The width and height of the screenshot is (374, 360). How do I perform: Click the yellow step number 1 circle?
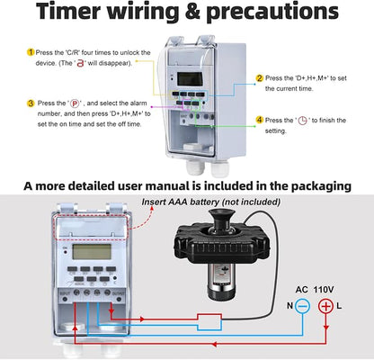[31, 52]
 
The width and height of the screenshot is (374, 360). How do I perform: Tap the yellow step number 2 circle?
[260, 78]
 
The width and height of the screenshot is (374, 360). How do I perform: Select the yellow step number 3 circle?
[31, 103]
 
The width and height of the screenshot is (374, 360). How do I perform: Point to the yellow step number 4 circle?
[260, 121]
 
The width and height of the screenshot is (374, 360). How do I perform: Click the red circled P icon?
[75, 103]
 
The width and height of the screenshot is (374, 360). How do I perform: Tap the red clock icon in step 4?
[303, 121]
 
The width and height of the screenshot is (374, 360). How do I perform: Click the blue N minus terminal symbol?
[302, 306]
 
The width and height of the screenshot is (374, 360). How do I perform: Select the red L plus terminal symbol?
[325, 306]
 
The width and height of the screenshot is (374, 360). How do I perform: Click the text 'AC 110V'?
[315, 290]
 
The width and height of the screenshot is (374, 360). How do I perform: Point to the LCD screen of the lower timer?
[92, 252]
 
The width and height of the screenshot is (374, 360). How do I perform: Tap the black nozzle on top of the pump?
[221, 218]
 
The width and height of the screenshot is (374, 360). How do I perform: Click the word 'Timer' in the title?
[68, 11]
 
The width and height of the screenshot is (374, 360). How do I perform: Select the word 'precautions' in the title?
[272, 12]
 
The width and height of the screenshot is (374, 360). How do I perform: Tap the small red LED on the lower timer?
[65, 252]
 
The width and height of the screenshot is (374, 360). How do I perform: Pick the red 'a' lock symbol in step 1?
[80, 63]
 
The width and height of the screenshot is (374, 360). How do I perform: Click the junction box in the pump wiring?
[209, 322]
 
